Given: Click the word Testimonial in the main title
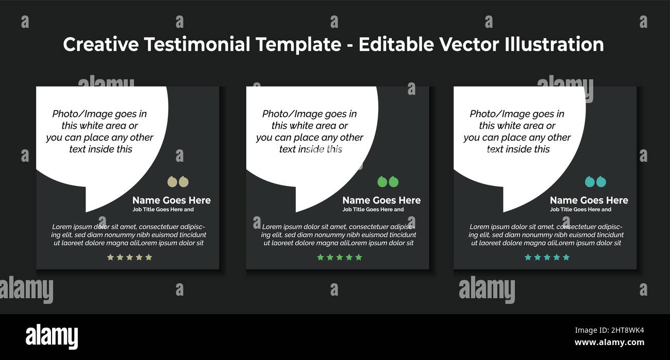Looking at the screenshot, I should pyautogui.click(x=197, y=45).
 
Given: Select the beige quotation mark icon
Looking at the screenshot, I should pyautogui.click(x=178, y=182).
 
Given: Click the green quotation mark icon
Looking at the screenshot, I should pyautogui.click(x=388, y=182).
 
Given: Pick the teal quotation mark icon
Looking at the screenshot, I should pyautogui.click(x=595, y=182).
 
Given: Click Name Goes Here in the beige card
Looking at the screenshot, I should pyautogui.click(x=171, y=200).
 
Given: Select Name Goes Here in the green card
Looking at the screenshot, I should pyautogui.click(x=381, y=200).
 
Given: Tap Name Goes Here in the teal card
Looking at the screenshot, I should pyautogui.click(x=589, y=200).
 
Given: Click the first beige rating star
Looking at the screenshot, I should pyautogui.click(x=110, y=257).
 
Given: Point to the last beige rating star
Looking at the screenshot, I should pyautogui.click(x=149, y=257).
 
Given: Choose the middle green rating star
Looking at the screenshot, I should pyautogui.click(x=340, y=257).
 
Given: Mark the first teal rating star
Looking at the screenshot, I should pyautogui.click(x=527, y=257).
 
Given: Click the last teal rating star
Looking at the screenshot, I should pyautogui.click(x=566, y=257).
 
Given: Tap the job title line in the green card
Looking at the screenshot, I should pyautogui.click(x=373, y=210).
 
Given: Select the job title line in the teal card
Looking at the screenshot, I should pyautogui.click(x=580, y=210).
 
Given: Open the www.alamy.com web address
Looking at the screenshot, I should pyautogui.click(x=609, y=342).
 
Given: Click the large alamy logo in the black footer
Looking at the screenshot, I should pyautogui.click(x=52, y=337).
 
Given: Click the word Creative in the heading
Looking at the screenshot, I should pyautogui.click(x=101, y=45).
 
